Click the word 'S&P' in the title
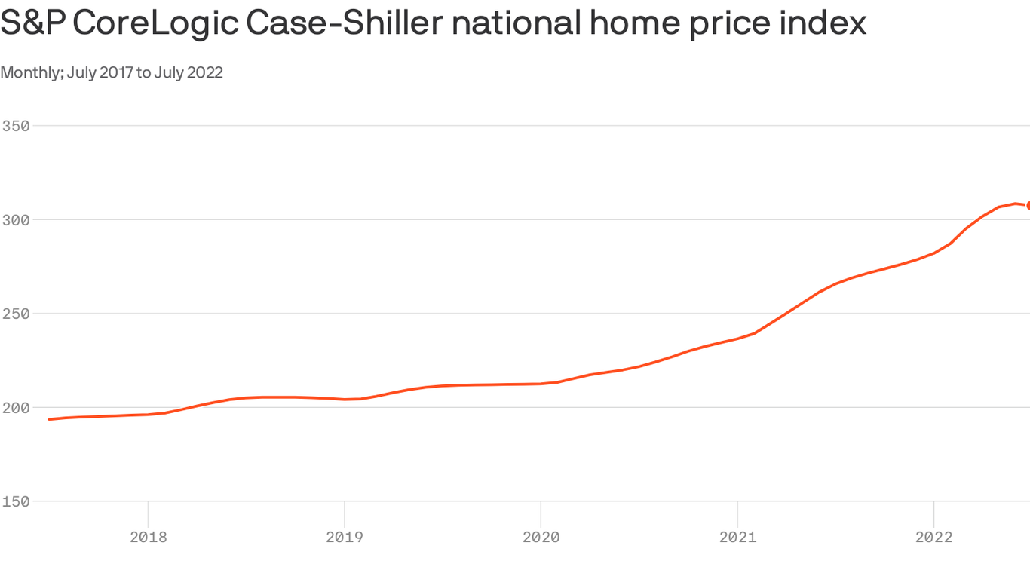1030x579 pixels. coord(32,23)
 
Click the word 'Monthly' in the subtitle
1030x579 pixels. coord(31,72)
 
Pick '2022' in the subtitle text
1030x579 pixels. coord(205,72)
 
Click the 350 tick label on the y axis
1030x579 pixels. coord(15,126)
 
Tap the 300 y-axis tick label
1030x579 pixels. coord(15,220)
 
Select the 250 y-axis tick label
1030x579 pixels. coord(15,314)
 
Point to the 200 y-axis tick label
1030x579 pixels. coord(15,408)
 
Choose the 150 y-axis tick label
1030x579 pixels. coord(15,501)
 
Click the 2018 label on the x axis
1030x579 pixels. coord(149,537)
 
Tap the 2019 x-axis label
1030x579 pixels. coord(345,537)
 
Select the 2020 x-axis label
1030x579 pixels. coord(541,537)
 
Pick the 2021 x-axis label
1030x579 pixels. coord(737,537)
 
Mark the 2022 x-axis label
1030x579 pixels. coord(933,537)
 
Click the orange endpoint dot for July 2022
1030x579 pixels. coord(1026,205)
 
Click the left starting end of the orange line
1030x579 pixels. coord(50,418)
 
